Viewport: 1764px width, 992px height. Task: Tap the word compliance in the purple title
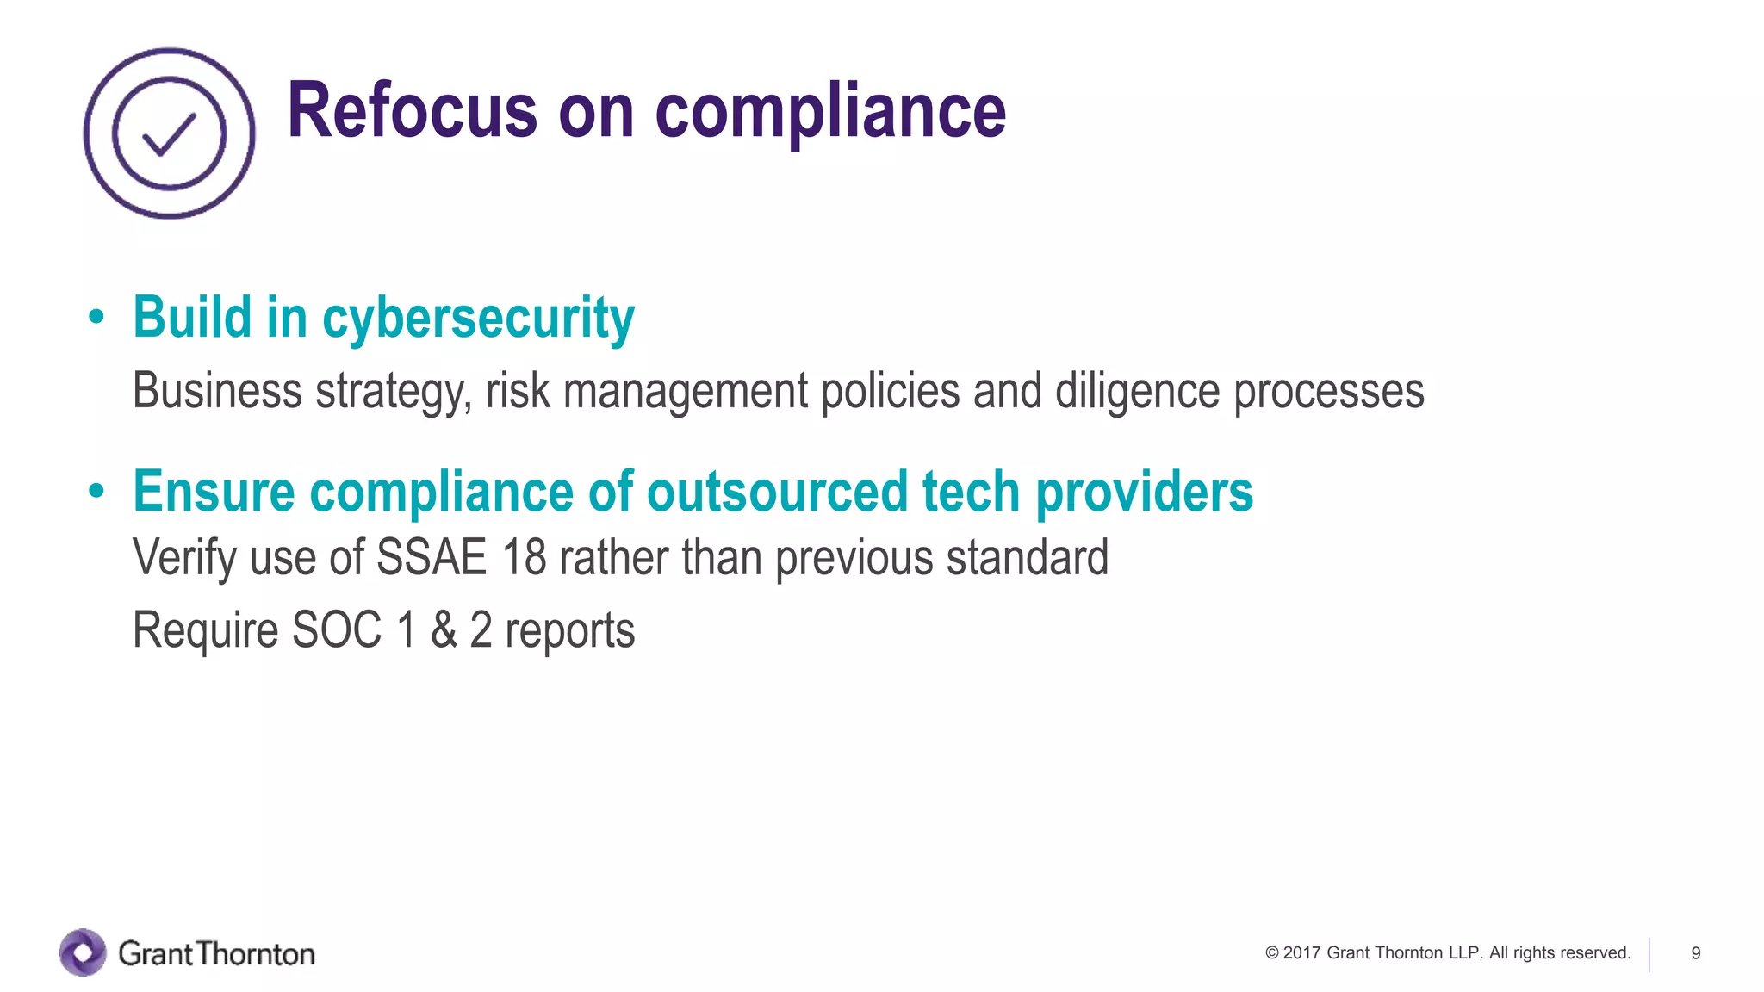click(829, 112)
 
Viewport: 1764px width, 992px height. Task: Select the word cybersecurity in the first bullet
click(478, 319)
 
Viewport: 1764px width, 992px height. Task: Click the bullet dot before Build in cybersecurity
click(96, 317)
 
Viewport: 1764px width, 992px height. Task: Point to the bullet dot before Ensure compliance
click(96, 491)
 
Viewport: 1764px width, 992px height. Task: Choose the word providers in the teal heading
click(1144, 493)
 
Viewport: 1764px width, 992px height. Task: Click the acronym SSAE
click(432, 557)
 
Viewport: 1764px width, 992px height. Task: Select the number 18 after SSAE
click(524, 557)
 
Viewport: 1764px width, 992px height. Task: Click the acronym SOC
click(337, 629)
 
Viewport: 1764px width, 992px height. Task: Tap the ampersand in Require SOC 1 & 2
click(444, 629)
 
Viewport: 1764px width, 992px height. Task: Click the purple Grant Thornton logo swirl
click(83, 952)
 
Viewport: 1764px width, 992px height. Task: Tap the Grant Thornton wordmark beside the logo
click(216, 953)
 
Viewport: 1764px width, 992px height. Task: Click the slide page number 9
click(1695, 953)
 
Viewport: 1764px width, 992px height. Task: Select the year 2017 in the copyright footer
click(1301, 953)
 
